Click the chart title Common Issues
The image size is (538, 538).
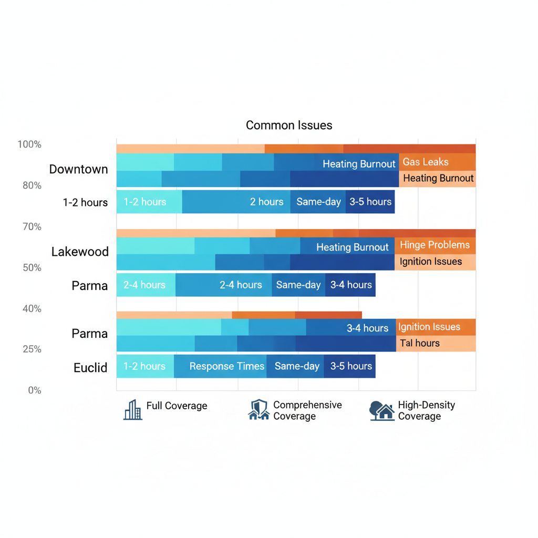(x=289, y=126)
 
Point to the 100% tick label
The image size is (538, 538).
(x=29, y=144)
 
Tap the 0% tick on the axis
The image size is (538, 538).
(x=35, y=390)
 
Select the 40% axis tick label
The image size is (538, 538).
(x=32, y=309)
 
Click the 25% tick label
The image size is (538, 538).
(x=32, y=349)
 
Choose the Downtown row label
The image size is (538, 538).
(x=78, y=169)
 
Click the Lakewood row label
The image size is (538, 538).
(x=80, y=252)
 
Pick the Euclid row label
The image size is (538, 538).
(x=90, y=368)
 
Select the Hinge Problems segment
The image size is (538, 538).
(x=435, y=245)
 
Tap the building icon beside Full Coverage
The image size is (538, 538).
(x=133, y=410)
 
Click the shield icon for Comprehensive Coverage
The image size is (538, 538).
(x=258, y=410)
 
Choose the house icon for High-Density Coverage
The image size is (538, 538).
(x=382, y=411)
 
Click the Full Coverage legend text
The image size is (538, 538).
(x=177, y=406)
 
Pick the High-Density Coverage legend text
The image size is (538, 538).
(x=426, y=411)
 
